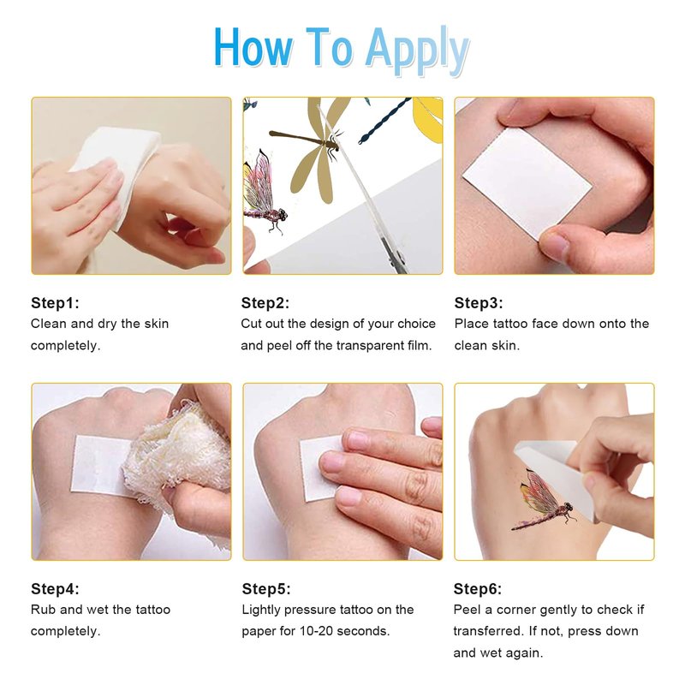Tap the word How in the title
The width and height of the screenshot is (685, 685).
click(x=253, y=47)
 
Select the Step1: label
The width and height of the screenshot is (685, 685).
click(x=55, y=303)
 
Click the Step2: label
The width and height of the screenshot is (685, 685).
click(x=265, y=303)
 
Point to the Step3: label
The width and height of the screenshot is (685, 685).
click(x=479, y=303)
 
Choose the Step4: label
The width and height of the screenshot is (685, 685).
click(x=55, y=589)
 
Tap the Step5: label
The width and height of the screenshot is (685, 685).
click(x=266, y=589)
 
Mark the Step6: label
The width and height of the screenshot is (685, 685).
click(x=478, y=589)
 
